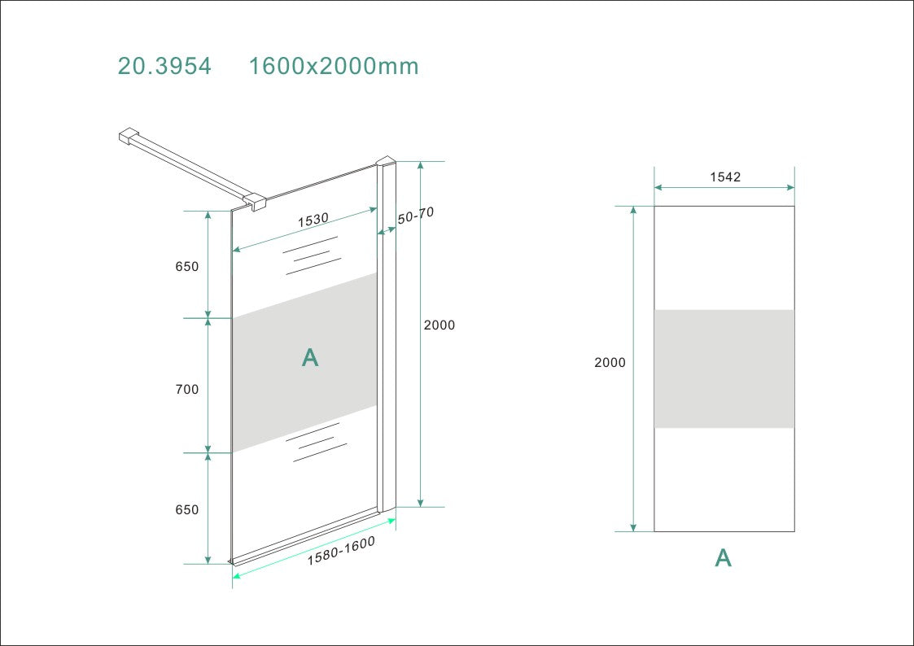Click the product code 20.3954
tap(164, 66)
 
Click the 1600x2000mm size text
tap(334, 66)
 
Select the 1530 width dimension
tap(313, 220)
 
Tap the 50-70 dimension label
tap(415, 216)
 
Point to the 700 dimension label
tap(186, 390)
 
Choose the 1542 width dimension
tap(725, 177)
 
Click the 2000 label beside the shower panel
tap(440, 325)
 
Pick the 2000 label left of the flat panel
tap(610, 363)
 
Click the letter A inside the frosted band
tap(310, 357)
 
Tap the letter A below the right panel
tap(723, 558)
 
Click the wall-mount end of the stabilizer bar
tap(129, 136)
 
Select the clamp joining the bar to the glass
tap(256, 201)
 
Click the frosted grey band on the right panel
tap(724, 369)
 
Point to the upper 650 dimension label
tap(186, 267)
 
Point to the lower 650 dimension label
tap(186, 510)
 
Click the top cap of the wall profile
tap(386, 163)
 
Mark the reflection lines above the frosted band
tap(311, 255)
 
